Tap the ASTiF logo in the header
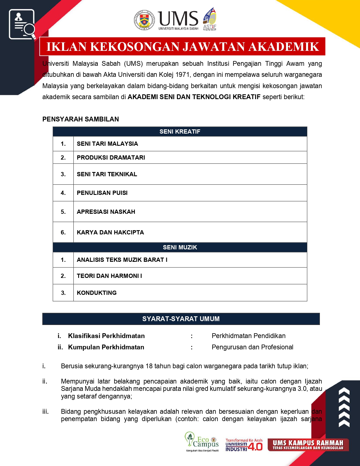210,19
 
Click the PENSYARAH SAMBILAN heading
80,119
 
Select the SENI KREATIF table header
180,132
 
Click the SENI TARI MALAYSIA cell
107,144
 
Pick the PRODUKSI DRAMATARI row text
111,158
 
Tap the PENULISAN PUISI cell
102,193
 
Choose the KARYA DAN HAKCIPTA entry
110,232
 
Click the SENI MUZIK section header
180,247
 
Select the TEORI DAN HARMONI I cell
109,276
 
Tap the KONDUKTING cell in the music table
97,293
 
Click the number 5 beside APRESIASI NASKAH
63,212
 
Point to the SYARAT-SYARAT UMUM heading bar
181,319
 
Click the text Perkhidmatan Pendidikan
248,336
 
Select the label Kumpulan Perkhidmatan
106,347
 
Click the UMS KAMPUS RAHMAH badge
308,445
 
